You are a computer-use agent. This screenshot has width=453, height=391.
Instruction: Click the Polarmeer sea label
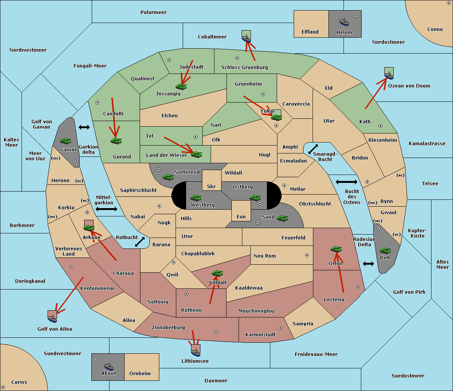click(153, 12)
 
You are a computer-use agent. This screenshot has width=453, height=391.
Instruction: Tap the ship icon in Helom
click(344, 22)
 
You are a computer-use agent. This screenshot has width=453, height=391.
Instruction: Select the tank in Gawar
click(65, 141)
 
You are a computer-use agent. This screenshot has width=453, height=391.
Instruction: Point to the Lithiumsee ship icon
click(196, 353)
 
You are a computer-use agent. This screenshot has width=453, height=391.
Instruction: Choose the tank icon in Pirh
click(385, 251)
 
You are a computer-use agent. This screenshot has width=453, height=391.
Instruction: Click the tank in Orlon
click(336, 249)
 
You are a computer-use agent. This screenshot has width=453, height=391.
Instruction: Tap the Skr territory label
click(211, 186)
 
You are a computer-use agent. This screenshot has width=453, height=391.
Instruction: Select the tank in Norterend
click(168, 176)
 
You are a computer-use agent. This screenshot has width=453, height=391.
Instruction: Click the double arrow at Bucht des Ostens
click(346, 182)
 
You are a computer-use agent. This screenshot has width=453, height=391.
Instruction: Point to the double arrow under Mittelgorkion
click(106, 209)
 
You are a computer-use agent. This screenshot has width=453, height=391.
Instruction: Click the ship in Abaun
click(109, 366)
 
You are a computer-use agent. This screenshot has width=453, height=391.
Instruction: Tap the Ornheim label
click(140, 374)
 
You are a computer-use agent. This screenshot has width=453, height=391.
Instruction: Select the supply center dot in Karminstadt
click(280, 328)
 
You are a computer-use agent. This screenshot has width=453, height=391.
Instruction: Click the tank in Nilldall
click(217, 273)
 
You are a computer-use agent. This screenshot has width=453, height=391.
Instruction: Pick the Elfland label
click(310, 32)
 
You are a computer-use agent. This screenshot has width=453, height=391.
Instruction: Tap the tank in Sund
click(282, 218)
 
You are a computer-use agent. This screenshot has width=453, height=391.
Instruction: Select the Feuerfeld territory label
click(293, 238)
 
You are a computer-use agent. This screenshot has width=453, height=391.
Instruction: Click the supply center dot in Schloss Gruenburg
click(237, 58)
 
